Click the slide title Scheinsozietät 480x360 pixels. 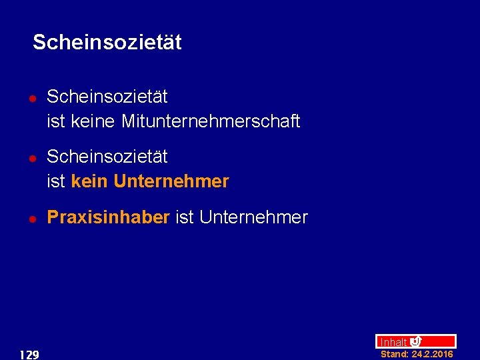click(107, 43)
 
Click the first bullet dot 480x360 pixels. click(32, 97)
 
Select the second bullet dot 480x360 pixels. click(32, 157)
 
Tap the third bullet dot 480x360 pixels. click(32, 218)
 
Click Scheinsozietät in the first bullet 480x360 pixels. click(107, 97)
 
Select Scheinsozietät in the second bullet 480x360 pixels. click(107, 157)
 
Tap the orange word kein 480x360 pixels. click(89, 181)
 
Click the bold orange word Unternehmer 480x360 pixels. click(171, 181)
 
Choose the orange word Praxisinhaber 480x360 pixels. click(108, 217)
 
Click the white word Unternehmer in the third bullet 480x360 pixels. click(253, 217)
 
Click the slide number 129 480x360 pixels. click(29, 355)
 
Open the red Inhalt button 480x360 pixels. click(393, 342)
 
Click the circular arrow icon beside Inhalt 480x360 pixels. click(415, 341)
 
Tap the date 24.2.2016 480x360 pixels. click(432, 355)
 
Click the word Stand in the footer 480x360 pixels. click(393, 355)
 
